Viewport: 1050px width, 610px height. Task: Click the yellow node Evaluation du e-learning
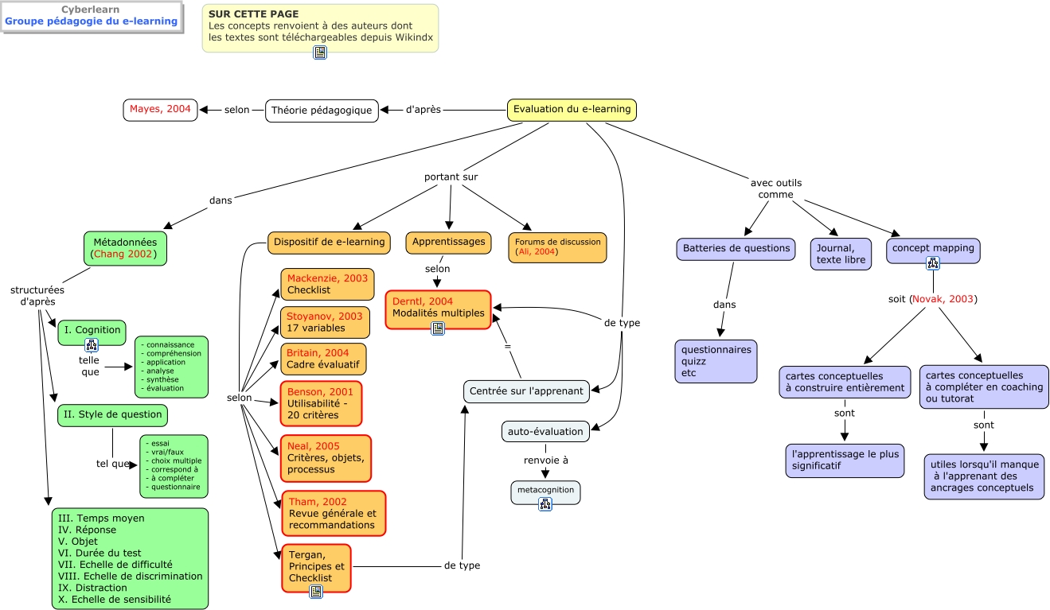coord(572,110)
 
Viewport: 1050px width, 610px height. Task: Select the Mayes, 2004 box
coord(160,110)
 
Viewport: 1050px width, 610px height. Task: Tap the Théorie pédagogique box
coord(322,111)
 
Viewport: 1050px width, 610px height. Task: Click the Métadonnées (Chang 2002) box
coord(125,248)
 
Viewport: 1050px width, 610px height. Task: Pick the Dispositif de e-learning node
coord(329,243)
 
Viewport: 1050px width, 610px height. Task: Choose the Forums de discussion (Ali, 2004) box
coord(557,247)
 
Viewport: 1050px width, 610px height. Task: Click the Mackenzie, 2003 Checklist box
coord(327,284)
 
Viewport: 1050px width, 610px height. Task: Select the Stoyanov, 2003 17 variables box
coord(325,322)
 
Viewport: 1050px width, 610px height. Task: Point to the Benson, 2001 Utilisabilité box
coord(321,403)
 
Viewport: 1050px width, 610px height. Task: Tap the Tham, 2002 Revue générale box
coord(333,513)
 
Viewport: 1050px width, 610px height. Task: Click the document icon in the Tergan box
coord(316,591)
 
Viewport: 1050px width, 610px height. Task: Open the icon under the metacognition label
coord(545,503)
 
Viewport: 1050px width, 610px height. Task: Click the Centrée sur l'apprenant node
coord(526,391)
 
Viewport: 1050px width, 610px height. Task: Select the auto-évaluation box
coord(545,432)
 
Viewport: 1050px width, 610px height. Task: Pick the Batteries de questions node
coord(736,249)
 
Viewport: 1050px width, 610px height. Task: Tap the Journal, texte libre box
coord(841,254)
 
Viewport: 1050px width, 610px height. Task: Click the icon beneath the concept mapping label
coord(933,263)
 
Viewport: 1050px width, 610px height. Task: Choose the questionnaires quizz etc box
coord(716,361)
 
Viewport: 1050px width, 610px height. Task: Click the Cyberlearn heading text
coord(92,10)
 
